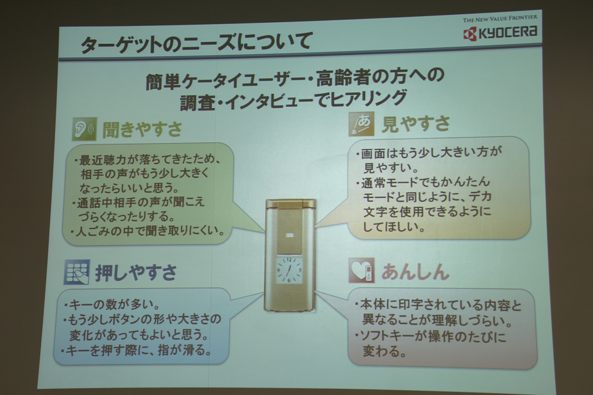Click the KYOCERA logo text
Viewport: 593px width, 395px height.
coord(508,33)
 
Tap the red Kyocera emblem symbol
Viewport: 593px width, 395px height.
coord(469,34)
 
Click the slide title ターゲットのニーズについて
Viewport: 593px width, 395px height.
coord(196,42)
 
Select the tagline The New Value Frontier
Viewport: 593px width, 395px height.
coord(500,18)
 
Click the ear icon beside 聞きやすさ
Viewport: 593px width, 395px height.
coord(85,129)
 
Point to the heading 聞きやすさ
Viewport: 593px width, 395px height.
coord(142,129)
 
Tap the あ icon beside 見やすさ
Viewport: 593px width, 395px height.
coord(361,123)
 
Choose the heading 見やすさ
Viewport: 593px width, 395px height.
coord(416,123)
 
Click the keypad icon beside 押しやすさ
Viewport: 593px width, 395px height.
coord(77,272)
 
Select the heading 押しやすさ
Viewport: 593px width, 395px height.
coord(136,273)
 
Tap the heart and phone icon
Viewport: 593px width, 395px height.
coord(361,270)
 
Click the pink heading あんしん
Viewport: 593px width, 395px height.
coord(415,272)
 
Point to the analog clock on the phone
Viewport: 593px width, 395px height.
coord(289,270)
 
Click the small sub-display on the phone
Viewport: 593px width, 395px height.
coord(290,236)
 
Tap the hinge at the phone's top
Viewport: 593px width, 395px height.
coord(290,204)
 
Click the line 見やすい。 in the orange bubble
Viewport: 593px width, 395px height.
coord(390,167)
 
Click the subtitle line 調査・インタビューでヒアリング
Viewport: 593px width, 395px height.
coord(293,100)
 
